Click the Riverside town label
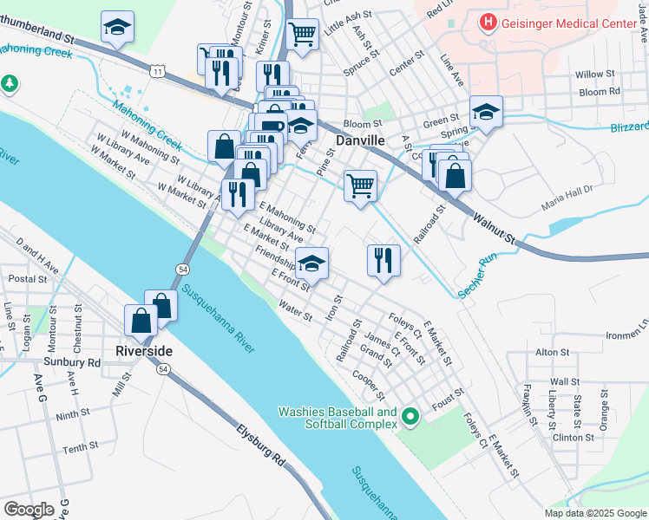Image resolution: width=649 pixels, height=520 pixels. click(x=144, y=351)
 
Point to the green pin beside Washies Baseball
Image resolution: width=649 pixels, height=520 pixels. click(x=410, y=418)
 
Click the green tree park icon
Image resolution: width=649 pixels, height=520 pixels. click(x=10, y=84)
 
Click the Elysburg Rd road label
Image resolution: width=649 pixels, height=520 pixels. click(x=260, y=443)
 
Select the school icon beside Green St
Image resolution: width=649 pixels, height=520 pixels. click(x=486, y=112)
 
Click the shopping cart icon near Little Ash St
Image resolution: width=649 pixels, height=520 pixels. click(x=302, y=35)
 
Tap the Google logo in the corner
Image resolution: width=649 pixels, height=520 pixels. click(x=29, y=509)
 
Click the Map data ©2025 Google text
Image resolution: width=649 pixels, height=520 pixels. click(x=594, y=513)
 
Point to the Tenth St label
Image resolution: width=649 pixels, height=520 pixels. click(x=80, y=447)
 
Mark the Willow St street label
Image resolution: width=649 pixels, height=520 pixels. click(x=594, y=75)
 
